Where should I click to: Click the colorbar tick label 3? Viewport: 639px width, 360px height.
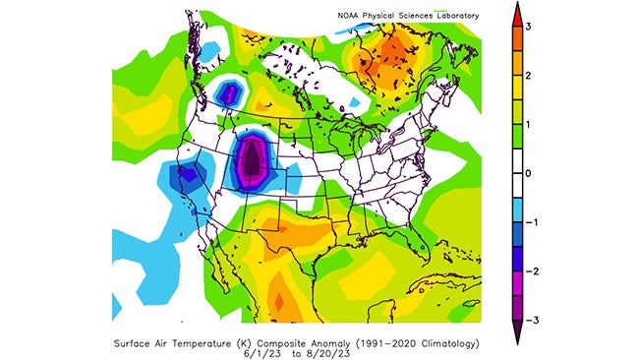(x=528, y=27)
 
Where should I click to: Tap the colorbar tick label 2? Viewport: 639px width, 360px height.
(x=528, y=76)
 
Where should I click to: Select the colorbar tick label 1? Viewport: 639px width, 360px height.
(x=528, y=125)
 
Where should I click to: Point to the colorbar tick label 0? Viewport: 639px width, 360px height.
(x=528, y=173)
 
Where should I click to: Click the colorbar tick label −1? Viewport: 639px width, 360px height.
(x=526, y=222)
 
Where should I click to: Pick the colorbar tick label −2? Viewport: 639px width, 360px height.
(x=526, y=271)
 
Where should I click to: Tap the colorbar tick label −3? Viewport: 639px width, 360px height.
(x=526, y=321)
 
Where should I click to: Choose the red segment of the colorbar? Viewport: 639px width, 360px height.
(x=514, y=27)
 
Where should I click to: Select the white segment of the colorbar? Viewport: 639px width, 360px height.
(x=514, y=173)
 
